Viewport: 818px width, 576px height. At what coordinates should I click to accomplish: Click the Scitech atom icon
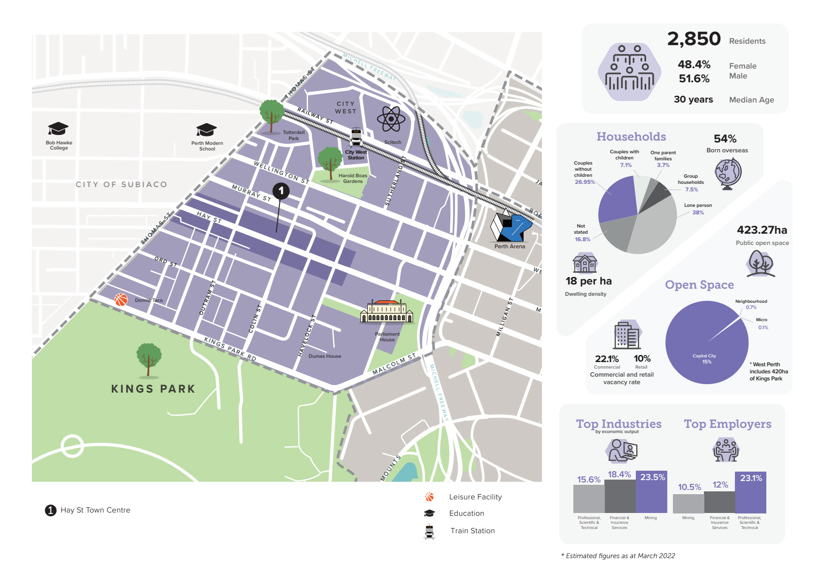(391, 118)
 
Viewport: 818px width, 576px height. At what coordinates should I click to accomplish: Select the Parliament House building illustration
(386, 312)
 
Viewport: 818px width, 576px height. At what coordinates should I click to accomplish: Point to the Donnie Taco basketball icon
(121, 300)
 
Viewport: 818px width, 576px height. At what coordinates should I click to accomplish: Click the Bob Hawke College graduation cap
(58, 128)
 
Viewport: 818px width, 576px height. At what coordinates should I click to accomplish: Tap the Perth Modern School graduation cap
(207, 129)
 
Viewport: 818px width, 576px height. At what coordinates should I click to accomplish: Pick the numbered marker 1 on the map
(281, 191)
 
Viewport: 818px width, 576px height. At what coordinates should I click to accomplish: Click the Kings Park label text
(153, 389)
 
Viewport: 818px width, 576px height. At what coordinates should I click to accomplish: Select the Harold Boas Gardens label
(353, 178)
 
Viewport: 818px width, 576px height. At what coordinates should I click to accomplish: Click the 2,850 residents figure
(694, 39)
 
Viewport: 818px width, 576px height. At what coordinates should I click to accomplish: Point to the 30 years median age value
(693, 99)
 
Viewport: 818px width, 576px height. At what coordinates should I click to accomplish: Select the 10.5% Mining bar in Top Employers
(688, 504)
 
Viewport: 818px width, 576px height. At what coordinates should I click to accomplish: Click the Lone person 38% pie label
(698, 209)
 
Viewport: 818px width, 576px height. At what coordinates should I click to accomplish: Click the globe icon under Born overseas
(728, 173)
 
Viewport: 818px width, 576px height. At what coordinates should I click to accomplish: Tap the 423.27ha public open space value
(762, 230)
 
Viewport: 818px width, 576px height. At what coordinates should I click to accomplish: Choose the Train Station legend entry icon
(429, 531)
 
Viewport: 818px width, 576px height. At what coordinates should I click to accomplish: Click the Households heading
(631, 136)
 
